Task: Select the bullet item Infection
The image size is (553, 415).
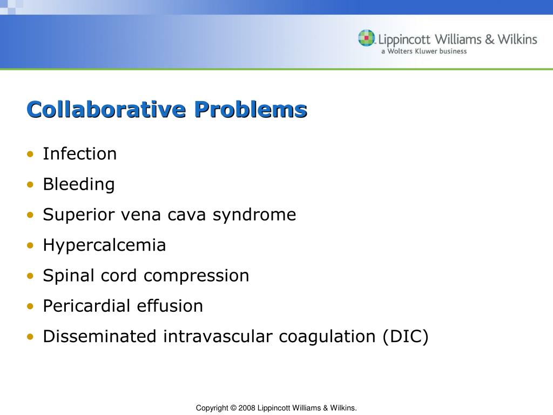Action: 80,154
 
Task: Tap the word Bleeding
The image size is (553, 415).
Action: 79,185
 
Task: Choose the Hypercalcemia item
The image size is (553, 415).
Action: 104,245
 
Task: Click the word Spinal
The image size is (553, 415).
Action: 69,276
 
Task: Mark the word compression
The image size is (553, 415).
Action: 197,276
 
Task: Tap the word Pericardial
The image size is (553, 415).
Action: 87,306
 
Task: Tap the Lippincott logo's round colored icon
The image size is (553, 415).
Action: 366,38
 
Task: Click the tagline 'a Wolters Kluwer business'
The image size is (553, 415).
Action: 424,51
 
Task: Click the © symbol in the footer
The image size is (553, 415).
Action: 233,408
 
